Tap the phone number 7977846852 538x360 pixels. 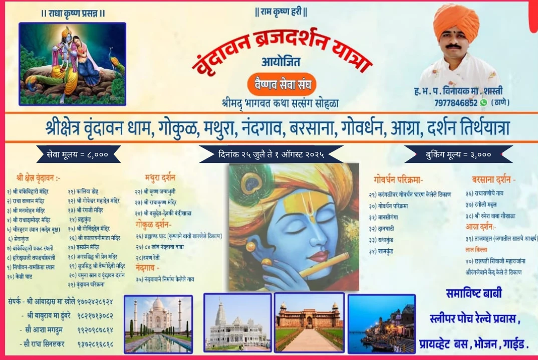click(x=456, y=102)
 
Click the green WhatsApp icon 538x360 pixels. click(x=483, y=102)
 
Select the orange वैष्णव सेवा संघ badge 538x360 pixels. click(x=282, y=84)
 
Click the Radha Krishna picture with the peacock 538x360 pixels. click(x=73, y=64)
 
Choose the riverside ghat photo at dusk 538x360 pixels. click(x=381, y=323)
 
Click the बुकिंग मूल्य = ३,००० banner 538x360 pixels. click(x=458, y=154)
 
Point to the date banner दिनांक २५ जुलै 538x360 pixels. click(x=271, y=154)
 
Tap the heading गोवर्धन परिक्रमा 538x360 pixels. click(x=398, y=179)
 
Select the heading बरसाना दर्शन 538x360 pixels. click(x=493, y=179)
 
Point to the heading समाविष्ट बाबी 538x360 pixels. click(x=473, y=294)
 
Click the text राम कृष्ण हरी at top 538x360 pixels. click(x=281, y=12)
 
